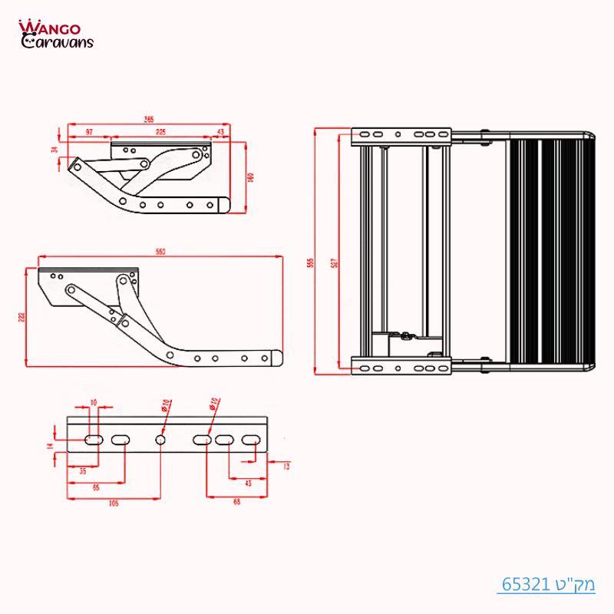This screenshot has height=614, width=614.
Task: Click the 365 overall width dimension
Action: pyautogui.click(x=149, y=119)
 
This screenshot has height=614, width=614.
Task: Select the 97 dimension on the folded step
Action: pyautogui.click(x=90, y=133)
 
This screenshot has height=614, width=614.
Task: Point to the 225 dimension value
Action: pyautogui.click(x=160, y=133)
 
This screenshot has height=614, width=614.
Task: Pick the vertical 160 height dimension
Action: pyautogui.click(x=249, y=176)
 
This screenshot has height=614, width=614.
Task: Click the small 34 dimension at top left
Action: pyautogui.click(x=54, y=150)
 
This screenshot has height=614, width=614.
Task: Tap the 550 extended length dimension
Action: pyautogui.click(x=160, y=252)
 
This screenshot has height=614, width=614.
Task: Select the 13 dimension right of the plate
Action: pyautogui.click(x=286, y=466)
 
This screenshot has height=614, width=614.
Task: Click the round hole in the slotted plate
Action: pyautogui.click(x=160, y=440)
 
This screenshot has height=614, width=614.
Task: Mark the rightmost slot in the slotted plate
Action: pyautogui.click(x=250, y=440)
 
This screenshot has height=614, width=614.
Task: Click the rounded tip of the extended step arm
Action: pyautogui.click(x=277, y=358)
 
